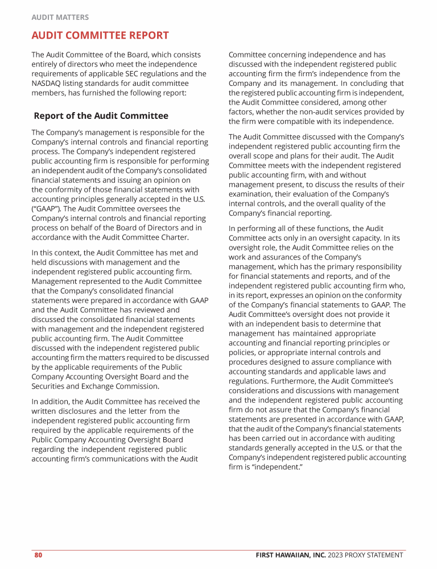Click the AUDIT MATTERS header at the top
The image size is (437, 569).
click(x=60, y=18)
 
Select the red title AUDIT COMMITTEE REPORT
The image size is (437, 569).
click(x=100, y=35)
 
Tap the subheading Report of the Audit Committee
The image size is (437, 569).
click(x=101, y=116)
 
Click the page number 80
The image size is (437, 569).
click(x=39, y=555)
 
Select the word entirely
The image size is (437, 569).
click(x=47, y=64)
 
